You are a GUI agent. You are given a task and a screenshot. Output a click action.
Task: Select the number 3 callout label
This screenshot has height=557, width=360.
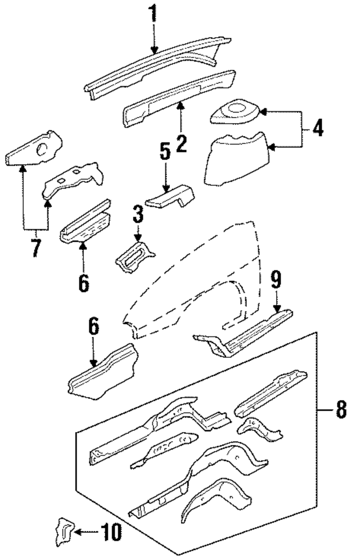pyautogui.click(x=139, y=214)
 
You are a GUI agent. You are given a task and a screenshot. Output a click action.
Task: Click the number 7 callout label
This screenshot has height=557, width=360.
pyautogui.click(x=36, y=247)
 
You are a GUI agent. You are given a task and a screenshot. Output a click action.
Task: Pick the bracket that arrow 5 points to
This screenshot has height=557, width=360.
pyautogui.click(x=170, y=198)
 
